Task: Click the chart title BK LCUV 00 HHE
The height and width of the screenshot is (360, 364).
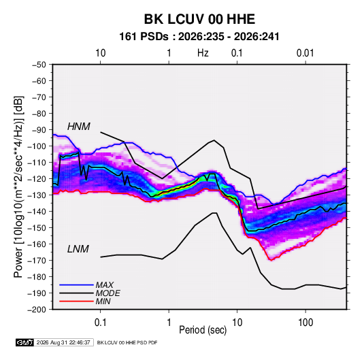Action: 199,19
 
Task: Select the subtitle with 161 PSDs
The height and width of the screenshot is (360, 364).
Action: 199,37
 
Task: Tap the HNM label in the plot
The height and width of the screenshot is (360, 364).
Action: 79,127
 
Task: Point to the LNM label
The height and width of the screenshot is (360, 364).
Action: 78,249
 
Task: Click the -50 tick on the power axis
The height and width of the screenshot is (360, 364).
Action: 39,65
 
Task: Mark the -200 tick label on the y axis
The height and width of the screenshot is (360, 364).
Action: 37,310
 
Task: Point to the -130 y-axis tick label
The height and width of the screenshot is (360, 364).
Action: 37,195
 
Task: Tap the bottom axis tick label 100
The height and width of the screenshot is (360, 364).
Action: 305,323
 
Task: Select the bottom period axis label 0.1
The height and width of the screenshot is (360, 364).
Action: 100,323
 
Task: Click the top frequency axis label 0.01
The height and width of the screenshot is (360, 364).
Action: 305,53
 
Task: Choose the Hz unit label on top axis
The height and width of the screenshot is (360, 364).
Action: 203,53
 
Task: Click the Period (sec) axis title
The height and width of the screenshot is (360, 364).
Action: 203,330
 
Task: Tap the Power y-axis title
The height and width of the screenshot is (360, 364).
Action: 18,187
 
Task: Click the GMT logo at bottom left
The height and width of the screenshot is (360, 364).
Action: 24,342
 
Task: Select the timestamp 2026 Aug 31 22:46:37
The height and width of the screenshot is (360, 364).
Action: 63,342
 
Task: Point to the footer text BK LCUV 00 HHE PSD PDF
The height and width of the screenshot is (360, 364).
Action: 127,342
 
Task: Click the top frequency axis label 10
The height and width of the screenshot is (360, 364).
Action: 101,53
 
